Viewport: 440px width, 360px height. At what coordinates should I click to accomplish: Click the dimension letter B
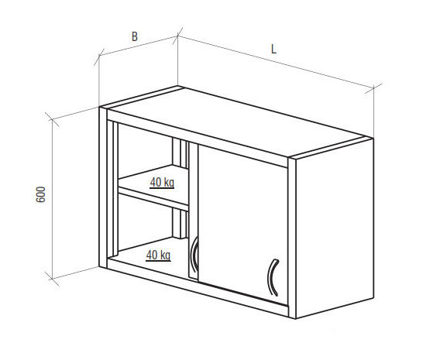135,36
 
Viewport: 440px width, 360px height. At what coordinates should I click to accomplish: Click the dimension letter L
274,50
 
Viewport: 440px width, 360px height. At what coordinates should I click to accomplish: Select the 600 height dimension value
41,194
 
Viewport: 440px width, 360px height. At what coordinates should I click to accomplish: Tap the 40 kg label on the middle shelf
162,183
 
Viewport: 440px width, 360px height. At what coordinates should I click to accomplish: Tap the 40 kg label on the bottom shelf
158,255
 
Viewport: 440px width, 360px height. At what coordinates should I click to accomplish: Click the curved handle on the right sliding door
271,278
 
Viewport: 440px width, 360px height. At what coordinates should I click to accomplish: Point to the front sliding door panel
242,225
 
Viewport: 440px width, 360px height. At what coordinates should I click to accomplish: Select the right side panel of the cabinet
335,228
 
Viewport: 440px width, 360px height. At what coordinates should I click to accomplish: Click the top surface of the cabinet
236,123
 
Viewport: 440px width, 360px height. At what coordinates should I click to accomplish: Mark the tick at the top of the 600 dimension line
52,119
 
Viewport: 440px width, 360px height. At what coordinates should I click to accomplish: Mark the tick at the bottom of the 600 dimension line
52,279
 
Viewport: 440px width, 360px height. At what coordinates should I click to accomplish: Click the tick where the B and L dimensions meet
177,36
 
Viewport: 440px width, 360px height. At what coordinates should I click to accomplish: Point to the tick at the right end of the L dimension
373,88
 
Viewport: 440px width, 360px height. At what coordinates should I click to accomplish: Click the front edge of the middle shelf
153,199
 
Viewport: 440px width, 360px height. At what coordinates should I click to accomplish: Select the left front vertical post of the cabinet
103,187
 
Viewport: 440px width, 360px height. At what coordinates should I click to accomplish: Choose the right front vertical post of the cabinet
292,238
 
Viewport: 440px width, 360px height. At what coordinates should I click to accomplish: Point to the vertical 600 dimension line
52,199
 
